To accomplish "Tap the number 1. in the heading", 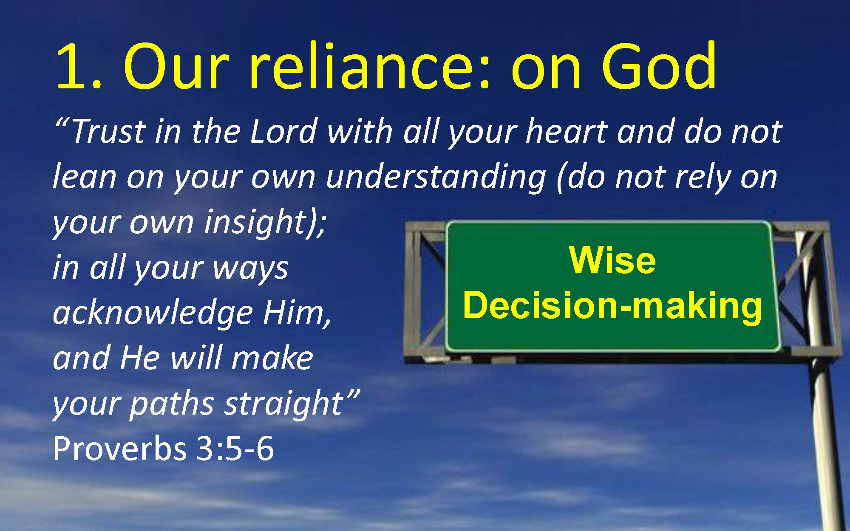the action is (x=79, y=67).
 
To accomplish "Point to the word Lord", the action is (x=283, y=131).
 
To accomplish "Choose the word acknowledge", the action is (x=153, y=314).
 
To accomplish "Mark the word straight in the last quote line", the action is (x=283, y=405).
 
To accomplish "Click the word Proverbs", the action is (x=119, y=449).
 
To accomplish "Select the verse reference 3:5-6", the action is (x=235, y=449).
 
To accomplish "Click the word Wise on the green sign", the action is (x=612, y=260).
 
